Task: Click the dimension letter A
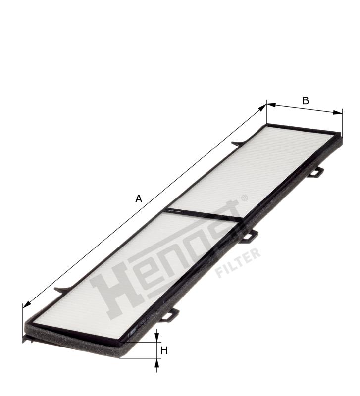pos(139,199)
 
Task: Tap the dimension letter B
pos(306,100)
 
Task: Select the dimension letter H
pos(164,350)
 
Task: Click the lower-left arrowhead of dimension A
pos(27,304)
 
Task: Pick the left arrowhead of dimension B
pos(271,105)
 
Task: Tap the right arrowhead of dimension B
pos(338,113)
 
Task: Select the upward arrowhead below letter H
pos(157,363)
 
